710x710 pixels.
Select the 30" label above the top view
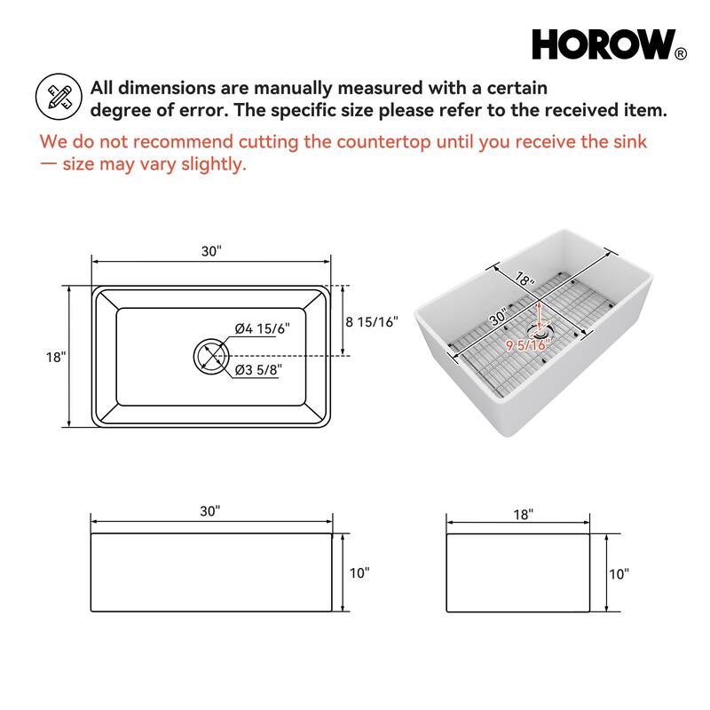211,251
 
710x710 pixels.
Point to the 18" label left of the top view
55,357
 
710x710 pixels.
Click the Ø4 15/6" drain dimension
263,328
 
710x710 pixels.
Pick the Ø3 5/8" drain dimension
258,371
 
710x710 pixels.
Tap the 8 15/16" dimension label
372,321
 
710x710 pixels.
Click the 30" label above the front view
210,511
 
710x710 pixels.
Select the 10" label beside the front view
359,573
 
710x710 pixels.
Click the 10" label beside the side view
619,573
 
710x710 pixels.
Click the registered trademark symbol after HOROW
681,53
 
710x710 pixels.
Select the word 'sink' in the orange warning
630,142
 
